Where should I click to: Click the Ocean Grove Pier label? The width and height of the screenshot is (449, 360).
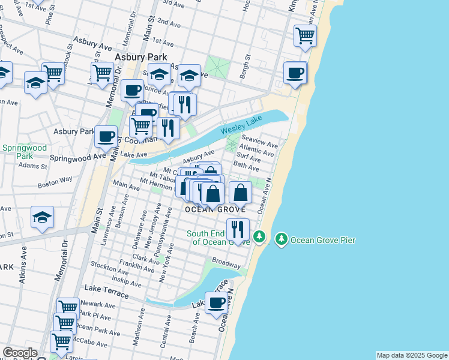tap(323, 241)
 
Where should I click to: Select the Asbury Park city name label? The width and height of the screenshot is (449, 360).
tap(141, 57)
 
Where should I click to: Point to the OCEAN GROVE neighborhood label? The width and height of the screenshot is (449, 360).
tap(215, 209)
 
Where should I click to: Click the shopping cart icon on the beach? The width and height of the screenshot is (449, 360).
tap(306, 35)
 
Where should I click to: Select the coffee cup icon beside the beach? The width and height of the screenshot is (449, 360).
tap(295, 73)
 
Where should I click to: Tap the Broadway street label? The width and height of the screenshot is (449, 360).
tap(226, 263)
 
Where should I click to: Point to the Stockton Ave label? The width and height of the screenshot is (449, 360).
tap(106, 264)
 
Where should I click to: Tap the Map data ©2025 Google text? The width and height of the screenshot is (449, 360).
tap(412, 355)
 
